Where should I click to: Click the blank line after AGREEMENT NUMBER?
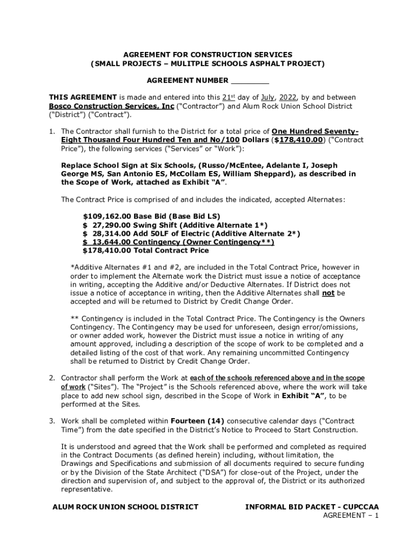pos(250,81)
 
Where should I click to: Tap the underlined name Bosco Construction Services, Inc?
pos(111,107)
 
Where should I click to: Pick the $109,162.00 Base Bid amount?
pos(107,216)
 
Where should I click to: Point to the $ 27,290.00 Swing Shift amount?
pos(107,225)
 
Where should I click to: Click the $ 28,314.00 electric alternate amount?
pos(107,233)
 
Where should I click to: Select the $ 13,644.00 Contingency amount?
pos(107,242)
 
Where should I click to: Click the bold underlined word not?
pos(328,293)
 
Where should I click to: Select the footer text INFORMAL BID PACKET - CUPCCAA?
pos(312,507)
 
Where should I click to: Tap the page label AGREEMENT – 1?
pos(351,516)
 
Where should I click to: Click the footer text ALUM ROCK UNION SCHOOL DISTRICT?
pos(125,507)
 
